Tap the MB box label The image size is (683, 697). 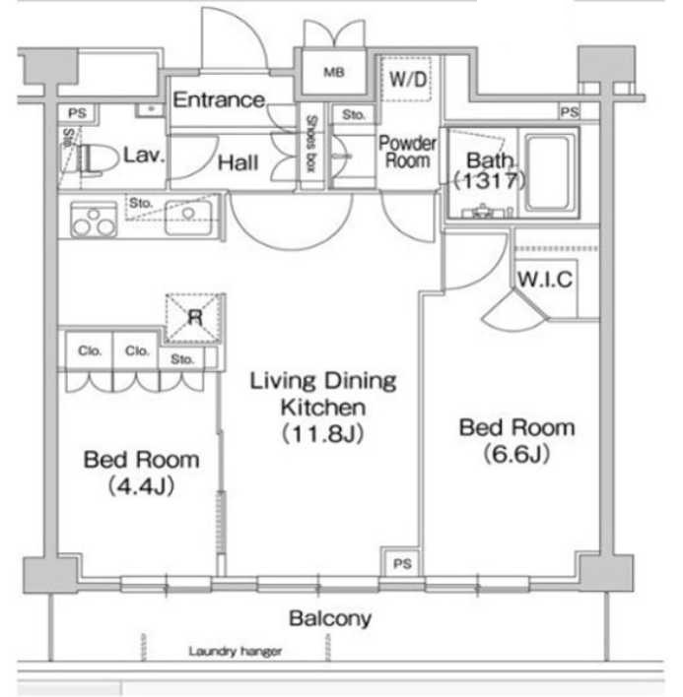[x=334, y=72]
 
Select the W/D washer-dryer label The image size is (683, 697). [x=408, y=80]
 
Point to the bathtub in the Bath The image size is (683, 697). [x=547, y=173]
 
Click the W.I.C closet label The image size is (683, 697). [x=545, y=280]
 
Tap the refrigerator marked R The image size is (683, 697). [x=194, y=318]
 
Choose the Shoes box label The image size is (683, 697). [x=311, y=144]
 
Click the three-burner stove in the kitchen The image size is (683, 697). [x=94, y=220]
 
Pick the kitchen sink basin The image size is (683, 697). [x=188, y=218]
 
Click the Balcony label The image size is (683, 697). [x=330, y=619]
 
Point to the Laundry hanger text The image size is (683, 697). [x=235, y=652]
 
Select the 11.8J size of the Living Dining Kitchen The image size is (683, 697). [x=322, y=434]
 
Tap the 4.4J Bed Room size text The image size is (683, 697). [x=141, y=486]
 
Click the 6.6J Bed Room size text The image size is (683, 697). [x=516, y=454]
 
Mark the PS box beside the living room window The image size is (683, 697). [x=402, y=564]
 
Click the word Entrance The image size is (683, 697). [x=219, y=100]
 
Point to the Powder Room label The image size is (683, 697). [x=407, y=152]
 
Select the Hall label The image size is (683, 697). [x=238, y=162]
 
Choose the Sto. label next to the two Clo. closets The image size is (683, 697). [x=182, y=359]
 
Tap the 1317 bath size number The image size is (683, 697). [x=490, y=180]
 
